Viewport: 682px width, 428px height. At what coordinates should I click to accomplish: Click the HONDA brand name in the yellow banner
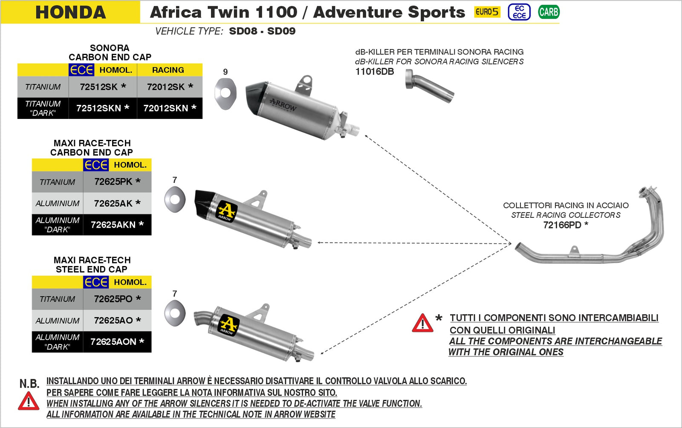click(70, 12)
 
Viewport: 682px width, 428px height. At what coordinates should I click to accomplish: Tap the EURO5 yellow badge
click(487, 12)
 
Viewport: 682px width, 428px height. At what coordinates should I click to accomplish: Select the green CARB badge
click(548, 12)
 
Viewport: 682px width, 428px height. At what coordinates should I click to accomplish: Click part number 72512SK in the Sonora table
click(102, 87)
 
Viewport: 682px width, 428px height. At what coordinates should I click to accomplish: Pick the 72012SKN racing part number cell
click(169, 108)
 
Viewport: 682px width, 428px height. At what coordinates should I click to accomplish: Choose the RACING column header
click(168, 70)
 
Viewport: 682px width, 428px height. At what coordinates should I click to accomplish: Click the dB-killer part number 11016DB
click(375, 72)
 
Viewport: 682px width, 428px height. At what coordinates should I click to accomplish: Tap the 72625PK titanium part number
click(117, 182)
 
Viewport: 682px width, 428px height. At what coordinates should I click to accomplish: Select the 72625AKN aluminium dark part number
click(117, 225)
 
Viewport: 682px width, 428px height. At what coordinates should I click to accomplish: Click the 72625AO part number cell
click(117, 321)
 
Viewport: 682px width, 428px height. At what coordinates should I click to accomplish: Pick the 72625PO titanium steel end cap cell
click(117, 299)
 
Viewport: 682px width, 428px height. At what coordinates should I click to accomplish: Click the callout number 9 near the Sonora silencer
click(225, 72)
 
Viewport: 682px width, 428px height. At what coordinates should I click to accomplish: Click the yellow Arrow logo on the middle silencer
click(227, 211)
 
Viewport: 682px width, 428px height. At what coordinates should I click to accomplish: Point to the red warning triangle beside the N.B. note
click(29, 402)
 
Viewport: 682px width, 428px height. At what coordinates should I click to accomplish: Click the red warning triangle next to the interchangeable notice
click(422, 324)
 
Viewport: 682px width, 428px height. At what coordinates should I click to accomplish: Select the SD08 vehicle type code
click(243, 31)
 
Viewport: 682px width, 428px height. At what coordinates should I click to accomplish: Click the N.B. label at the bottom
click(29, 383)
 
